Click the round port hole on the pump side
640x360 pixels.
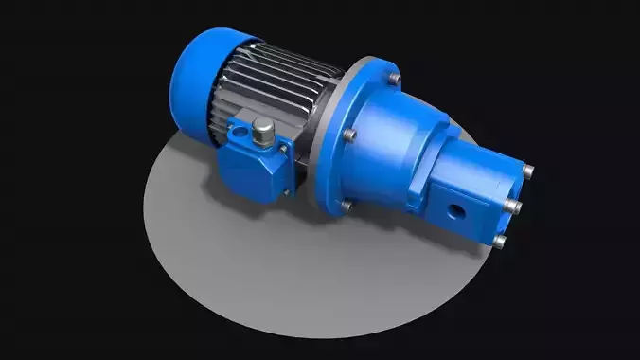coord(455,208)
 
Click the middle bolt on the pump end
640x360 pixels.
coord(517,207)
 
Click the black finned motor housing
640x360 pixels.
coord(284,85)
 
